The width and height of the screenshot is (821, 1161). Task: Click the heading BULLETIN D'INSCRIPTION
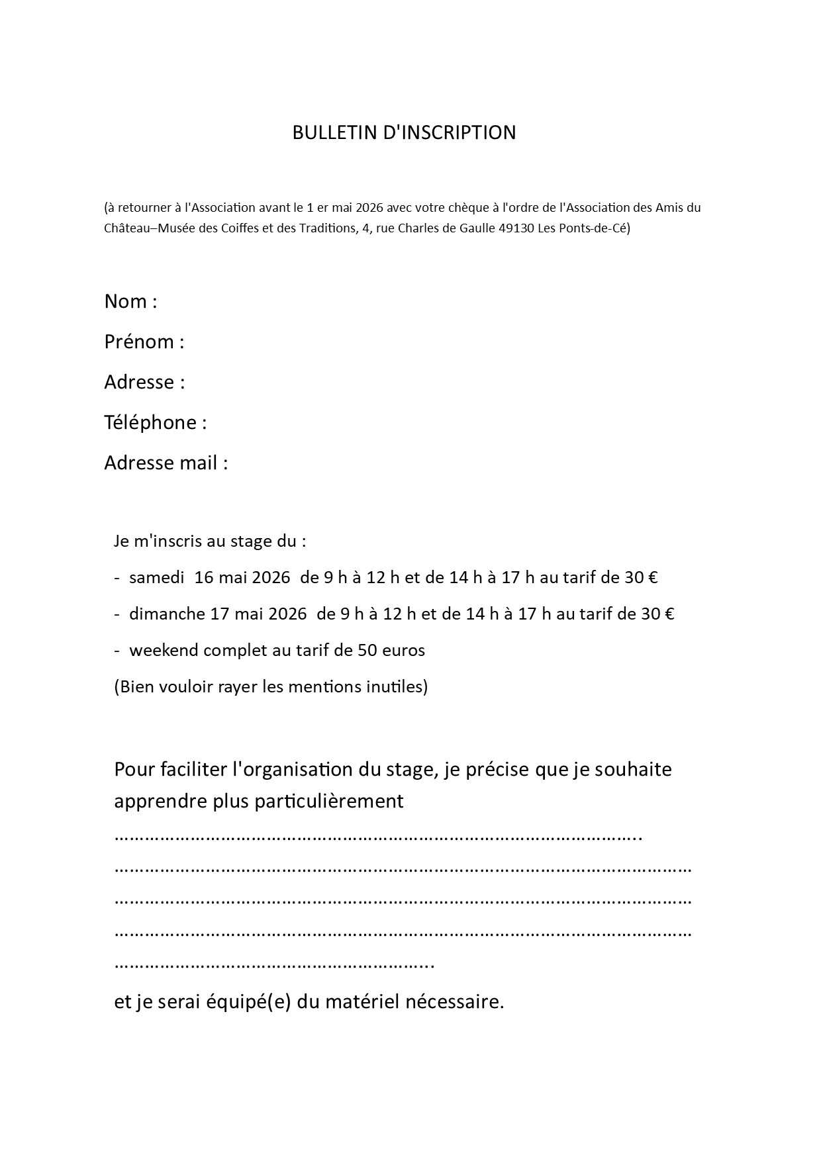pos(404,132)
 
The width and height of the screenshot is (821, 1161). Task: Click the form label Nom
pos(126,302)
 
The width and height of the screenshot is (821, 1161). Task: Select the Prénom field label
pos(139,342)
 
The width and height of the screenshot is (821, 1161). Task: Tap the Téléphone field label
pos(150,423)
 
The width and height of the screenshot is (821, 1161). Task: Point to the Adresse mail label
pos(161,463)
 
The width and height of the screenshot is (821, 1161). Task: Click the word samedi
pos(156,578)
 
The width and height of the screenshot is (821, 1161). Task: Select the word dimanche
pos(167,614)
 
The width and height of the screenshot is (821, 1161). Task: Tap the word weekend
pos(164,651)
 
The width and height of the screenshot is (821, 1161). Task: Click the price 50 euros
pos(391,651)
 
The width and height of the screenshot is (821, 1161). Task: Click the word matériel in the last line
pos(361,1002)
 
